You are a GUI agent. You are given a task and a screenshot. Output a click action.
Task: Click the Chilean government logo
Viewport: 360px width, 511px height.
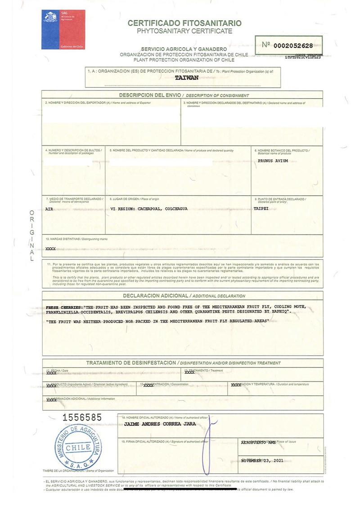[63, 29]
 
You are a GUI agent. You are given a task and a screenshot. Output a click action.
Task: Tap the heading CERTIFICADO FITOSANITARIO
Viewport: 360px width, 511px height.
[184, 23]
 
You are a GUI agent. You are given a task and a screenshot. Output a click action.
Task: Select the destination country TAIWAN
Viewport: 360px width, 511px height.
[186, 77]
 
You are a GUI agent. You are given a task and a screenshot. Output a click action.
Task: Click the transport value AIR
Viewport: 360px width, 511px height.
[49, 209]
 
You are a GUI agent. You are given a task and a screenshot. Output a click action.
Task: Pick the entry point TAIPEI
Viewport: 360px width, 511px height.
[261, 209]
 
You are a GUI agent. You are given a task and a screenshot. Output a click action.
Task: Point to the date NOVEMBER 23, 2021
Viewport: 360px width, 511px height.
[262, 461]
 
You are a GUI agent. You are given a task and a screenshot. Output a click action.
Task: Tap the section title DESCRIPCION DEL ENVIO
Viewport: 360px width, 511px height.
[150, 95]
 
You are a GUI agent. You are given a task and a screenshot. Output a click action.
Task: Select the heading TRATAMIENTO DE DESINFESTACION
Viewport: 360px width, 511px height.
[131, 363]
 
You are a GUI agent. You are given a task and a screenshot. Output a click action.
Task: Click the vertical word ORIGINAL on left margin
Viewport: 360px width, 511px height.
[31, 236]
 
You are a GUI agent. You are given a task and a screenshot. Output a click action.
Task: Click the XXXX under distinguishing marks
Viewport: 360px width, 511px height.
[50, 248]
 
